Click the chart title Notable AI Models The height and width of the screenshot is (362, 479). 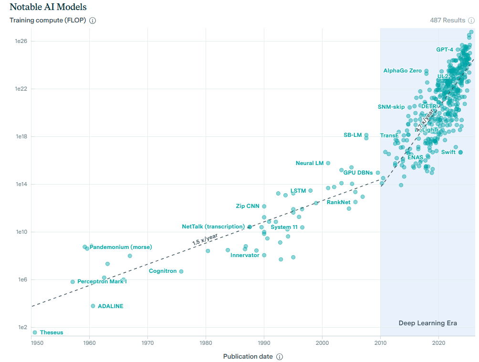click(x=48, y=7)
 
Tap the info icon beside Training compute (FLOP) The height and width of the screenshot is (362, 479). click(x=93, y=21)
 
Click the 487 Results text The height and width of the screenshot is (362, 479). click(x=448, y=21)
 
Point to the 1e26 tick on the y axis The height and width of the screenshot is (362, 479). click(x=21, y=41)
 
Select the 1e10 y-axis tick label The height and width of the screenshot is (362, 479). click(x=21, y=232)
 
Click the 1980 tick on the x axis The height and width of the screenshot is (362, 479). click(x=206, y=342)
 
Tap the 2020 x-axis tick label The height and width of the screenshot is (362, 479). click(x=438, y=342)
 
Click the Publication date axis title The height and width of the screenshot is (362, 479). click(x=248, y=356)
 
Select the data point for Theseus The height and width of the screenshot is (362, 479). click(x=35, y=332)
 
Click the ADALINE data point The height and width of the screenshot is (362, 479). click(x=93, y=306)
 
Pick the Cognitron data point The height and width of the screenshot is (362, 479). click(x=181, y=271)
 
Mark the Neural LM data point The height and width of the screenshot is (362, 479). click(x=328, y=163)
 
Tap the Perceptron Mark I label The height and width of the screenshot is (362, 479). click(x=102, y=282)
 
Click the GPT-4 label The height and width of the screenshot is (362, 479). click(x=445, y=50)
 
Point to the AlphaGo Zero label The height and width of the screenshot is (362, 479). click(x=403, y=71)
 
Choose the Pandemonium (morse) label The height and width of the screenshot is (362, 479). click(x=121, y=247)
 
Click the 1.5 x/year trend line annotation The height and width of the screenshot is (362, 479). click(x=205, y=239)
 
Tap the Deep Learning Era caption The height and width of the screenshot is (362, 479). click(x=427, y=323)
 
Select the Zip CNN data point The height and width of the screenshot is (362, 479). click(x=264, y=206)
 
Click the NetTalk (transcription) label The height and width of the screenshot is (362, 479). click(x=213, y=227)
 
